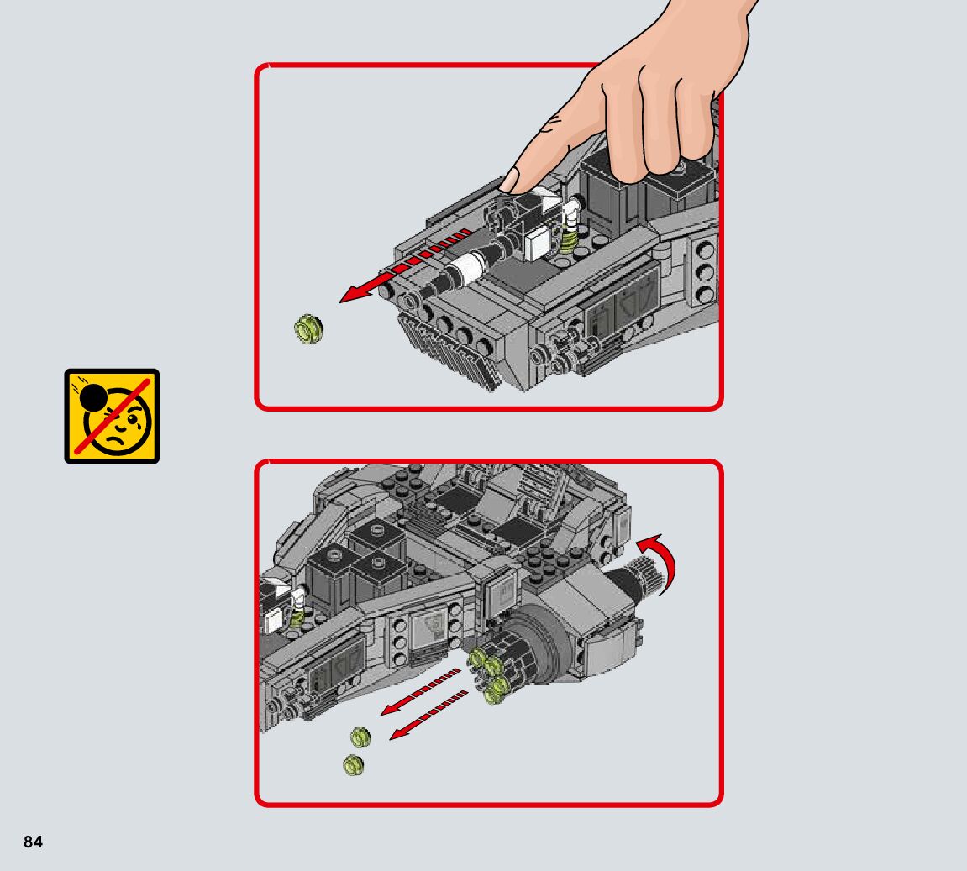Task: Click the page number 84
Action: coord(34,842)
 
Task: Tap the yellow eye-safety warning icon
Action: coord(112,416)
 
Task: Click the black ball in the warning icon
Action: coord(93,398)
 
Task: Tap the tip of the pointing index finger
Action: coord(509,182)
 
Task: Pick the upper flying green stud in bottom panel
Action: coord(360,736)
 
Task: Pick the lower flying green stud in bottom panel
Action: coord(354,765)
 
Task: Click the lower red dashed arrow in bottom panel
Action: coord(429,715)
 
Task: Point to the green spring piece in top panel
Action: coord(569,238)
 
